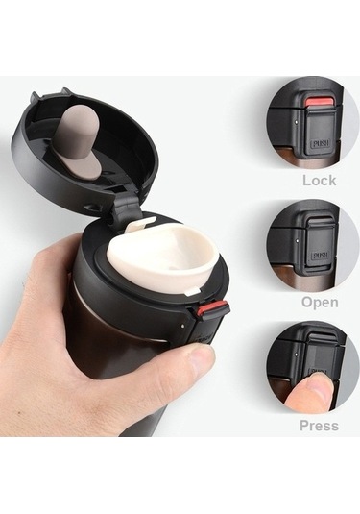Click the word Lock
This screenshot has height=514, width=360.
click(x=319, y=180)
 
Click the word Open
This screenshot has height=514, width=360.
click(x=319, y=302)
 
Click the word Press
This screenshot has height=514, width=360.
click(x=319, y=425)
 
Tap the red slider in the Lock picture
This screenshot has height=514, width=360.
click(x=321, y=101)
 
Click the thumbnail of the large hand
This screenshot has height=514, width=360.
click(x=200, y=359)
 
